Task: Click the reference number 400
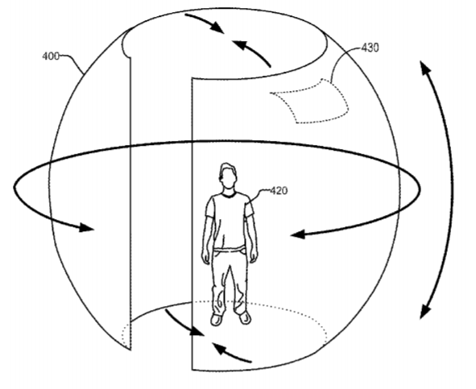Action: tap(51, 56)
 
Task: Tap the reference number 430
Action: tap(370, 48)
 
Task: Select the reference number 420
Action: tap(279, 191)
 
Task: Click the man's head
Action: tap(227, 176)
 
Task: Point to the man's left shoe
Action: tap(245, 317)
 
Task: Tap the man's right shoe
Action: tap(217, 320)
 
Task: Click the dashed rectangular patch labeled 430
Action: tap(309, 101)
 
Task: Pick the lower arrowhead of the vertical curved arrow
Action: tap(425, 312)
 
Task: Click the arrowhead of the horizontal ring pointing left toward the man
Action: tap(297, 234)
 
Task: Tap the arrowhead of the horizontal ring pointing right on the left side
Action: tap(86, 227)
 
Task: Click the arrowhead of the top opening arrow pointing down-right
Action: tap(217, 27)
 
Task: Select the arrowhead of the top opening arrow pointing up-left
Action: tap(238, 44)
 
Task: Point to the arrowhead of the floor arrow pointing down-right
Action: tap(197, 331)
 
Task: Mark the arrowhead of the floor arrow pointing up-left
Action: tap(219, 349)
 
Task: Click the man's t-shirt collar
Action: tap(228, 194)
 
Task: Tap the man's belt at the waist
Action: tap(229, 250)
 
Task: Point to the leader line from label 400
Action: tap(72, 63)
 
